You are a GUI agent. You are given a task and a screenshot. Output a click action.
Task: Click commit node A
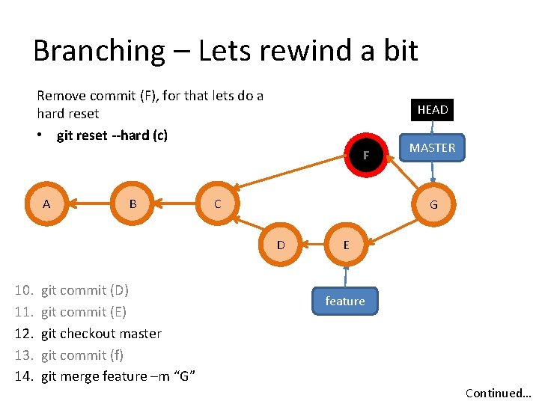[x=46, y=203]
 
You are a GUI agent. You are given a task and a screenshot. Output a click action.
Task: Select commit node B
[x=133, y=203]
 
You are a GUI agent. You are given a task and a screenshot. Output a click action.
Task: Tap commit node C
[x=217, y=203]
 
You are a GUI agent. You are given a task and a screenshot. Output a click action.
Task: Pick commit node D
[x=281, y=245]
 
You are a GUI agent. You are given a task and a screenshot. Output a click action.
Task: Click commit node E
[x=346, y=245]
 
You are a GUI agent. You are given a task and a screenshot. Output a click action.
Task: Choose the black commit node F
[x=366, y=156]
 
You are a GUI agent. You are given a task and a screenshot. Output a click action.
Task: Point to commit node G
[x=433, y=204]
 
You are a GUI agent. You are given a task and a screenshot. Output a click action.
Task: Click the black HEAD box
[x=433, y=110]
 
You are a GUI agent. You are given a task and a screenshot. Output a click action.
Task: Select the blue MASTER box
[x=433, y=147]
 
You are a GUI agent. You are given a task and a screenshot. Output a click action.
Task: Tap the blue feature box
[x=345, y=301]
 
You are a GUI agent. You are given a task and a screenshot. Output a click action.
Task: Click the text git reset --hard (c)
[x=112, y=135]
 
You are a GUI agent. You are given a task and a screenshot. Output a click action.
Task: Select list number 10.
[x=24, y=290]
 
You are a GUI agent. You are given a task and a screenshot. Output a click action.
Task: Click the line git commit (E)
[x=83, y=312]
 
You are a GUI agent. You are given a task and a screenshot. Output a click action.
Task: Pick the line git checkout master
[x=101, y=334]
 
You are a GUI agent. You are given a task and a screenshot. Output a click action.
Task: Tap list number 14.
[x=24, y=376]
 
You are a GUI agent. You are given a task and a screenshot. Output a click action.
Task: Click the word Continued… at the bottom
[x=498, y=393]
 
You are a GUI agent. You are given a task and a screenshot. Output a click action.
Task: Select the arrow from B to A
[x=89, y=203]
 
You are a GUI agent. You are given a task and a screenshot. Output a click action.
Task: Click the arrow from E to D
[x=313, y=245]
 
